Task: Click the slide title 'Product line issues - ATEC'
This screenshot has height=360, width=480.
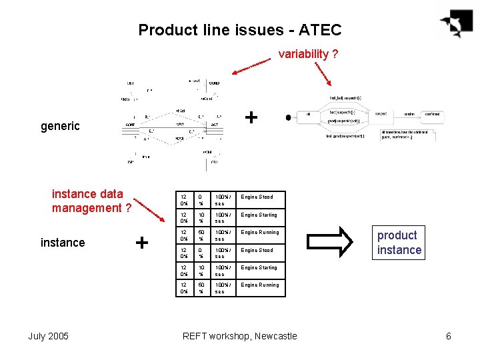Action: [239, 30]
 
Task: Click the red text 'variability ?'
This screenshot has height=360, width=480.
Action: [307, 54]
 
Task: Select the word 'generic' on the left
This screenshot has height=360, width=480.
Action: [60, 126]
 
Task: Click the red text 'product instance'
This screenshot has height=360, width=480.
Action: [399, 243]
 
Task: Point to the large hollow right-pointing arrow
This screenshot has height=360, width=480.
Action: [336, 241]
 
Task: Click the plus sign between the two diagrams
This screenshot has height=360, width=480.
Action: [251, 117]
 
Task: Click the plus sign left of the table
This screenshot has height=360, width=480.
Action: [141, 243]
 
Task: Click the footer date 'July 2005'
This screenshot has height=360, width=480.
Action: [48, 336]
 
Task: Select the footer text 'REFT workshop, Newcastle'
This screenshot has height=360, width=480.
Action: [239, 336]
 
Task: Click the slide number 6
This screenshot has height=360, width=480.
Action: [449, 336]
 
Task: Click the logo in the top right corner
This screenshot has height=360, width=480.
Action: [457, 23]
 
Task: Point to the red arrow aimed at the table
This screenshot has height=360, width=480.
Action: [149, 208]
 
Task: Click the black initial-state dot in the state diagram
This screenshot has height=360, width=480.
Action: [288, 117]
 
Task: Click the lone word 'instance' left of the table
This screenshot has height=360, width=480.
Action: [63, 243]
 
